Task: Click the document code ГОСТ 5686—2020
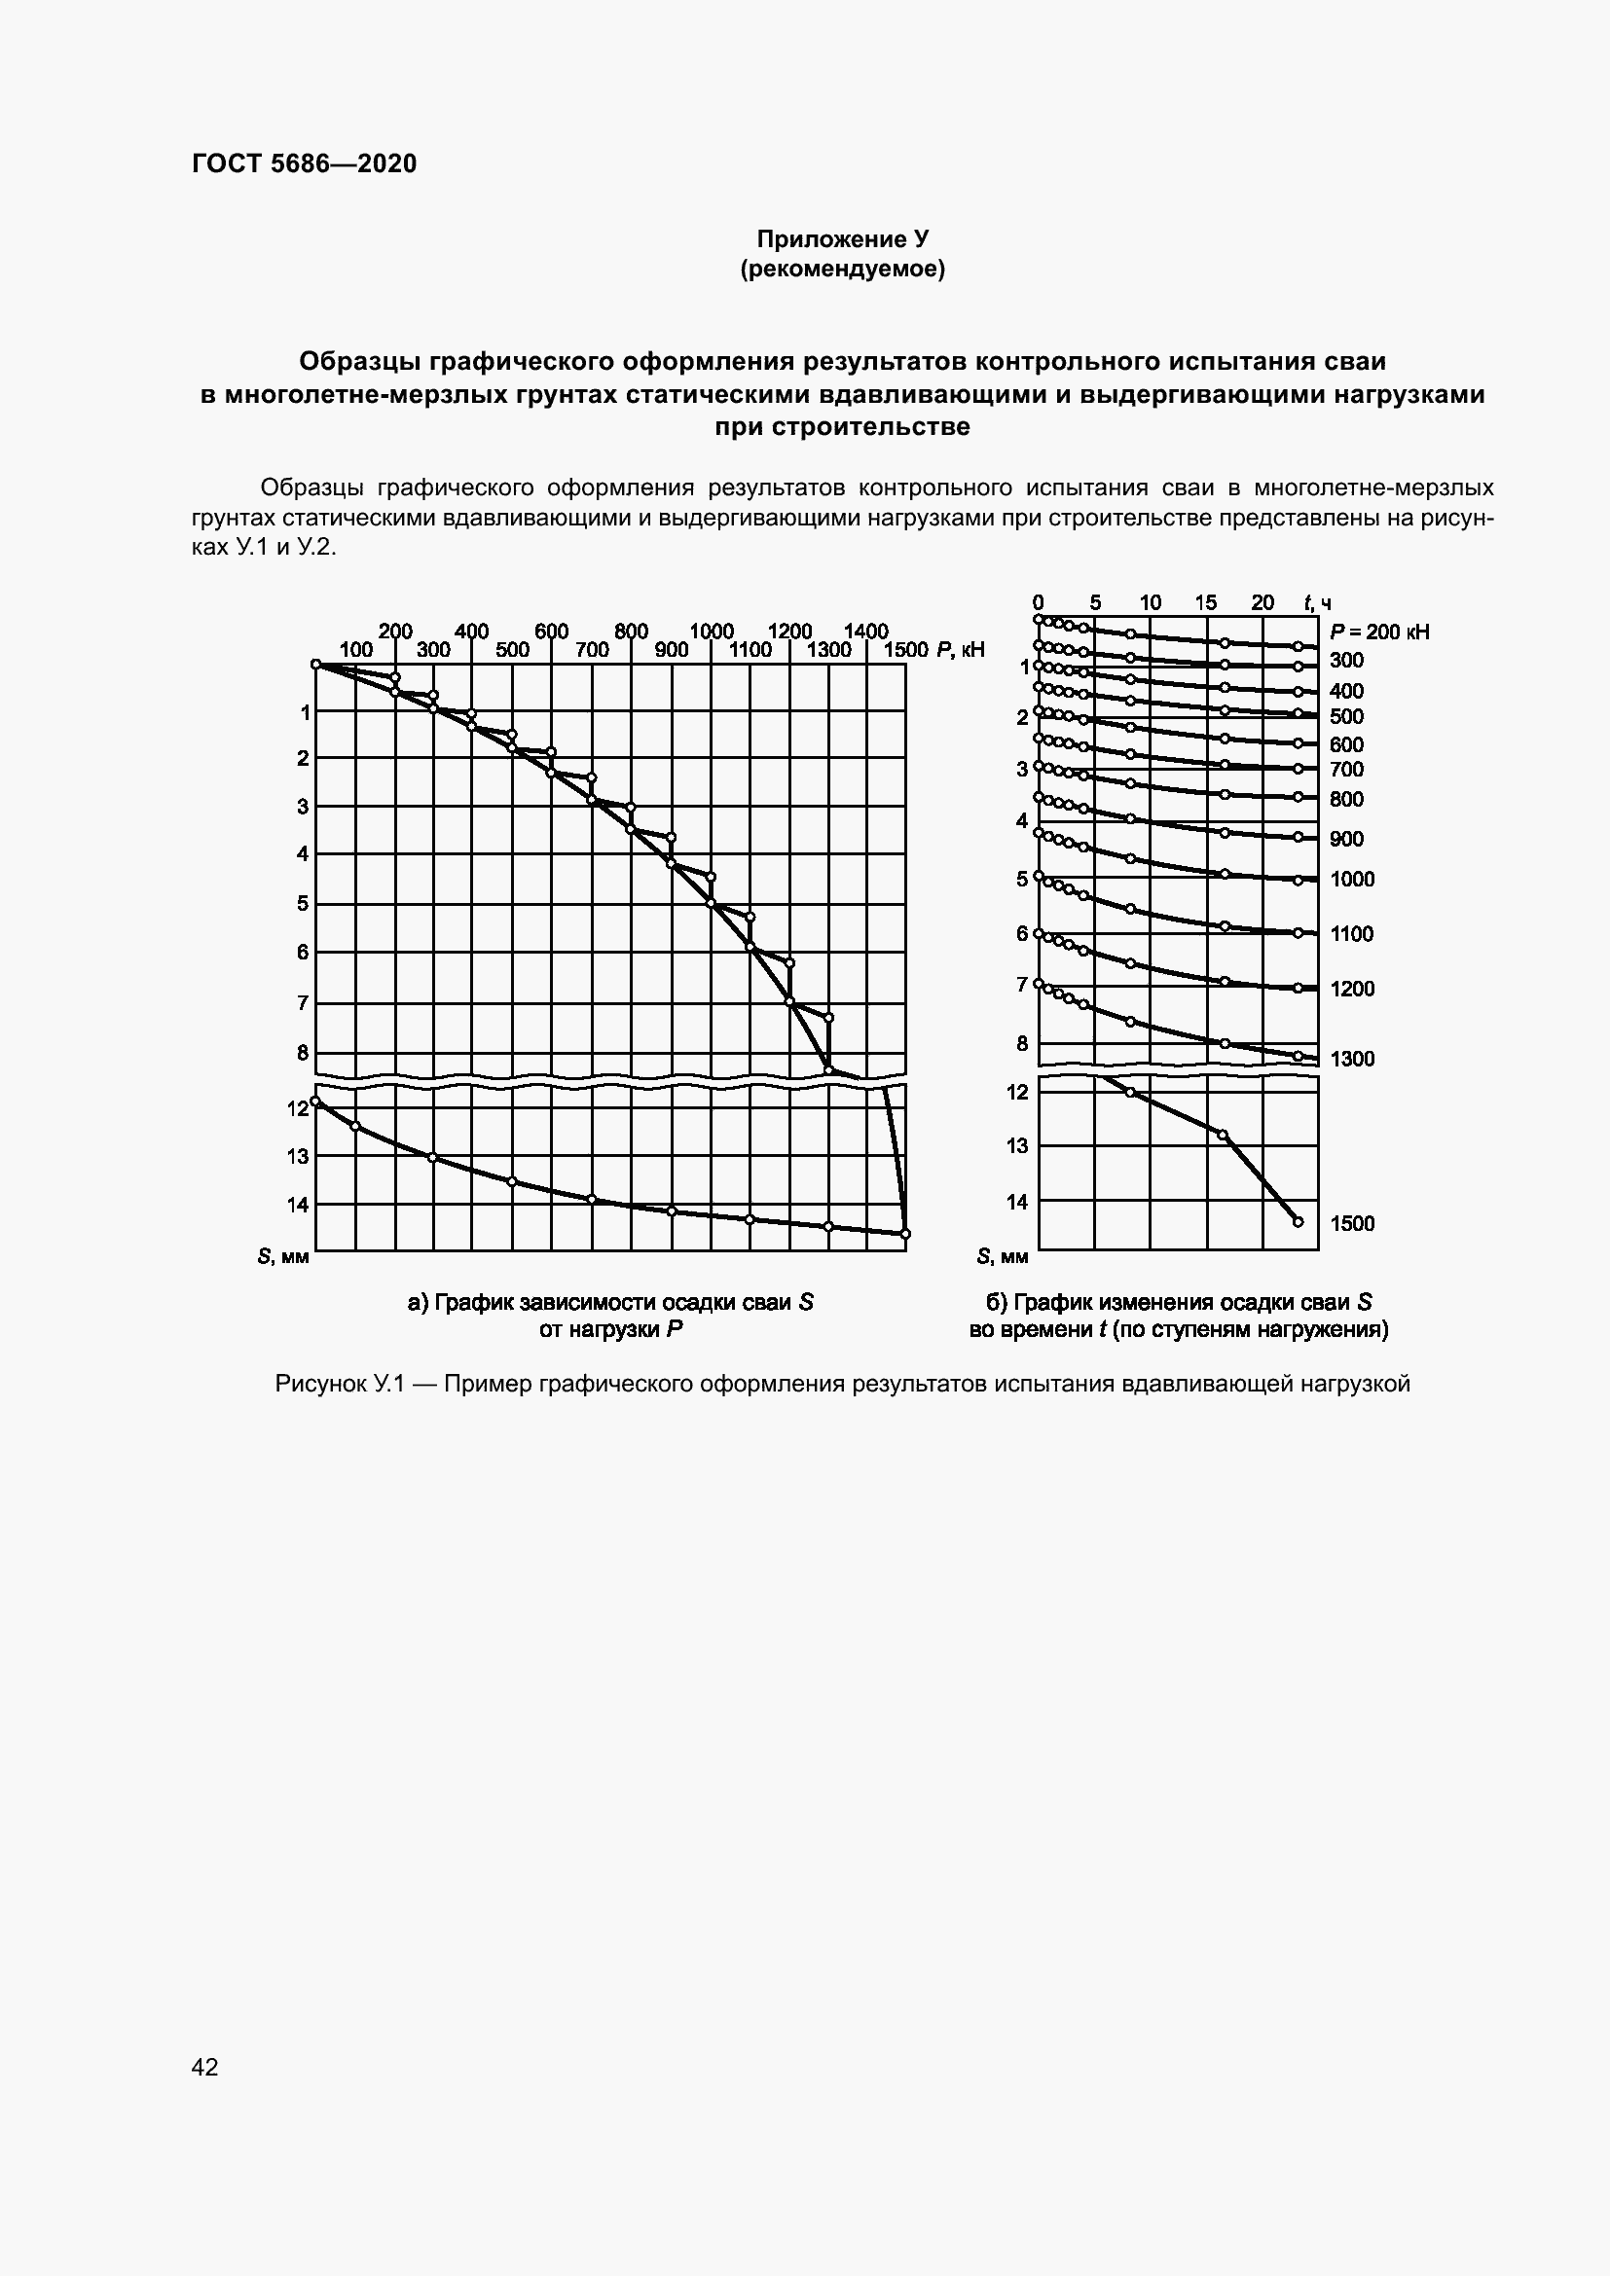click(x=304, y=163)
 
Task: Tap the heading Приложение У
click(x=842, y=239)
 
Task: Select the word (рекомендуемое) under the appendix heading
click(x=842, y=269)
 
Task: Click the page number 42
click(x=204, y=2066)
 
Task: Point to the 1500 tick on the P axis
click(x=905, y=650)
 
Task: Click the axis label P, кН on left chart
click(x=960, y=650)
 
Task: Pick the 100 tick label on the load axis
click(x=356, y=650)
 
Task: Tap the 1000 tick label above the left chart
click(x=711, y=632)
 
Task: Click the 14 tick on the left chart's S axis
click(x=298, y=1205)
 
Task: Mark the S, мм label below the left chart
click(x=282, y=1257)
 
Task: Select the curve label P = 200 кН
click(x=1379, y=632)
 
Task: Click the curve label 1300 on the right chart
click(x=1352, y=1059)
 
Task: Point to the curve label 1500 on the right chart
click(x=1352, y=1223)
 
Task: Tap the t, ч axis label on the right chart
click(x=1318, y=602)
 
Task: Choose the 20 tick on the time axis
click(x=1262, y=602)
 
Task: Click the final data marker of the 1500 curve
click(x=1299, y=1221)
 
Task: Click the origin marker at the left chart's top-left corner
click(x=316, y=665)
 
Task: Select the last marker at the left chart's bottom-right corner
click(x=905, y=1233)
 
